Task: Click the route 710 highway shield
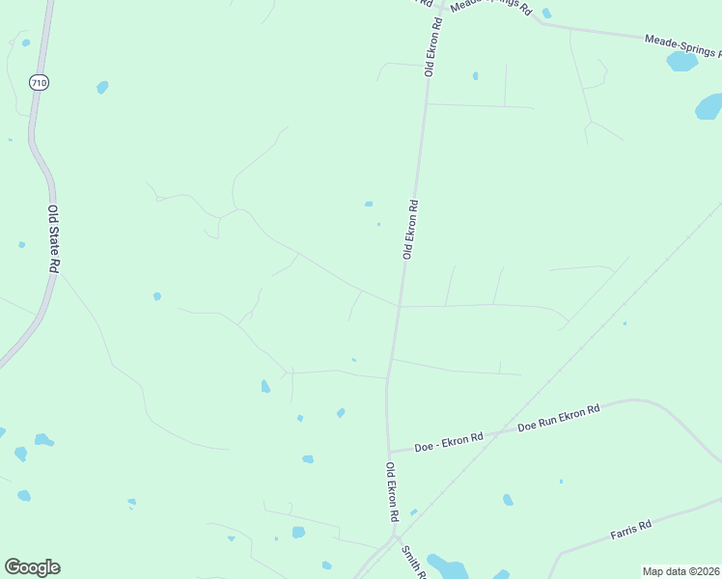click(x=39, y=83)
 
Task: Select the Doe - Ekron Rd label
click(x=448, y=443)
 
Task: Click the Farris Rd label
click(x=631, y=529)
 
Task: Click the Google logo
click(x=32, y=567)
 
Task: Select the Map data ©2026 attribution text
click(x=680, y=571)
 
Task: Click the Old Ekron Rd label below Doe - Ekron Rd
click(x=392, y=492)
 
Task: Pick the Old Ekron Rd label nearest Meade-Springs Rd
click(x=430, y=46)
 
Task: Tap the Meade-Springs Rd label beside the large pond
click(x=682, y=43)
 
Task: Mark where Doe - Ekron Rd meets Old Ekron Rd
click(x=389, y=452)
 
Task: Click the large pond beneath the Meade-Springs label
click(x=681, y=62)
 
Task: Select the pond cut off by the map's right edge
click(x=709, y=106)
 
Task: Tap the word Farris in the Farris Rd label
click(x=625, y=531)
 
